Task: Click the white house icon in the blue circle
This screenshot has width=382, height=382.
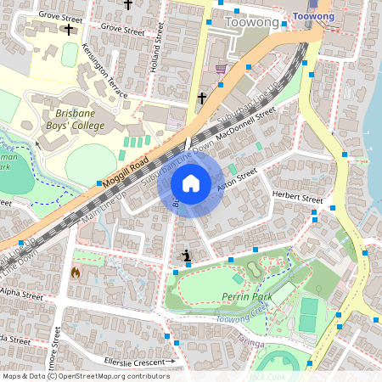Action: click(x=191, y=183)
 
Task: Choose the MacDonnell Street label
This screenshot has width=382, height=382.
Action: click(x=246, y=123)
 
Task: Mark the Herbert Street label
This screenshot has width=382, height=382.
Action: click(x=297, y=198)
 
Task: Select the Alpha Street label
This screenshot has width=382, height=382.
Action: click(x=20, y=295)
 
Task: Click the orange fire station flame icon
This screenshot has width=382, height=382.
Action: click(x=76, y=273)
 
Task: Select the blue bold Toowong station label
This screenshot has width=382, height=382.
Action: click(x=313, y=16)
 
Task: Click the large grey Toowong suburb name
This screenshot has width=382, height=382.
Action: click(x=255, y=22)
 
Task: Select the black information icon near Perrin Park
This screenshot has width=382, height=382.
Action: click(x=187, y=255)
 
